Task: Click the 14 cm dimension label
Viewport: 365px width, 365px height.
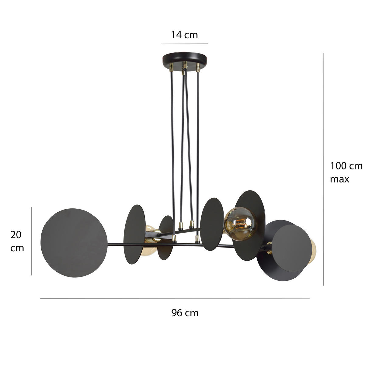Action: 184,35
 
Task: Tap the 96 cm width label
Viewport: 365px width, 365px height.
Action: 185,313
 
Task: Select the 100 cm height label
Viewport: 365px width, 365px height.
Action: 346,166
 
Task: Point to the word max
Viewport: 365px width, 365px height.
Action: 339,179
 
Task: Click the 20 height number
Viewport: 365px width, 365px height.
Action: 16,235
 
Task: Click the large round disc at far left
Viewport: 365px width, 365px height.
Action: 74,242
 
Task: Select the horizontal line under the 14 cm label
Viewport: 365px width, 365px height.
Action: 184,44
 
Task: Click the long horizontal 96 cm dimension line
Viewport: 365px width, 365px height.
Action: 175,298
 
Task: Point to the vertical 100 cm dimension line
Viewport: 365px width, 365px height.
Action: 323,169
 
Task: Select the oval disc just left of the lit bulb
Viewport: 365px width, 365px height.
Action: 212,224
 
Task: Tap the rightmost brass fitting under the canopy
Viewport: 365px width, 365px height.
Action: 198,68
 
